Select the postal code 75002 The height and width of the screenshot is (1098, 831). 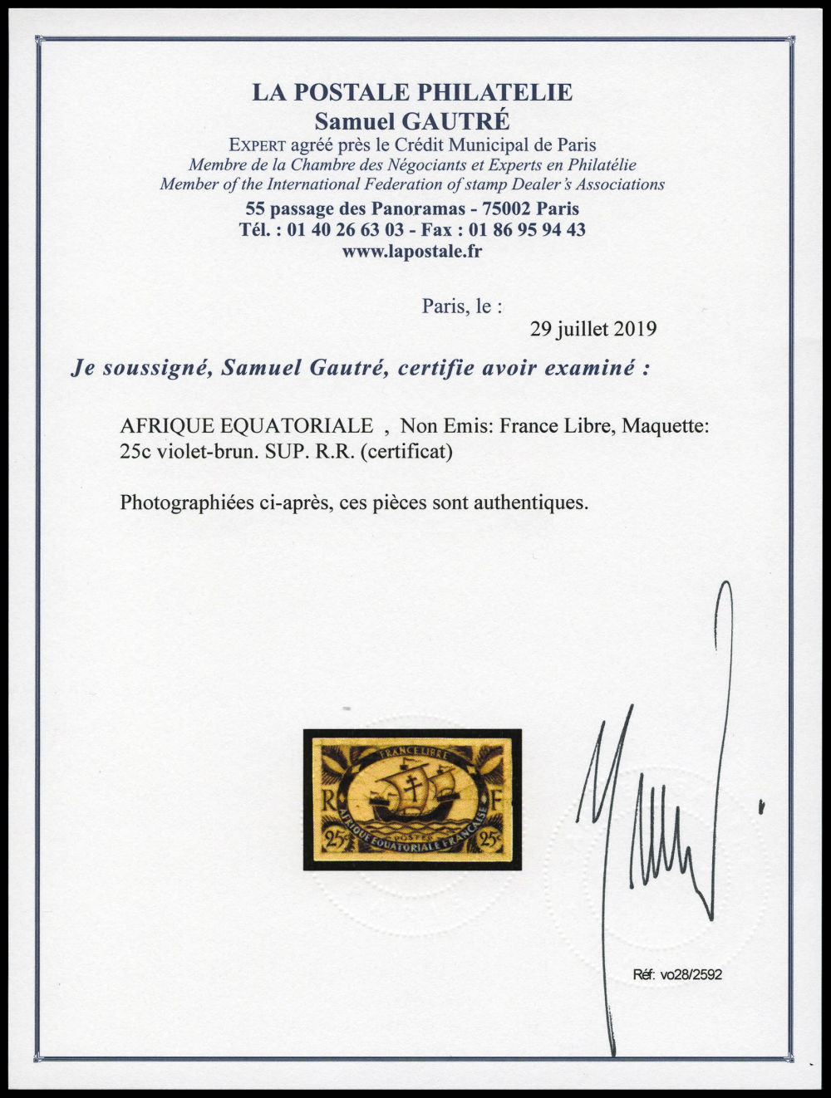pyautogui.click(x=493, y=208)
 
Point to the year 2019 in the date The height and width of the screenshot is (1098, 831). pyautogui.click(x=635, y=329)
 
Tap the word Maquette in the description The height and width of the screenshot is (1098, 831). pyautogui.click(x=670, y=427)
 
